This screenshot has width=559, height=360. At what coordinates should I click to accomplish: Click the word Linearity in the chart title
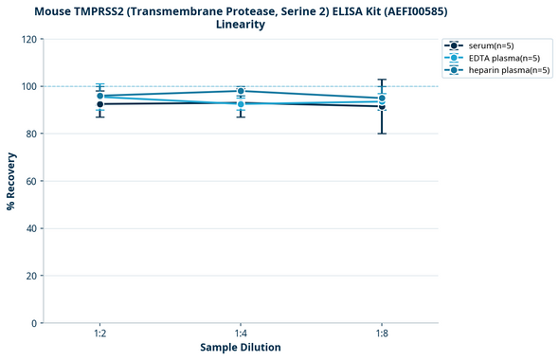coord(241,25)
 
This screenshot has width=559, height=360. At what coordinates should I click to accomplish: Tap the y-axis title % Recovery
coord(11,181)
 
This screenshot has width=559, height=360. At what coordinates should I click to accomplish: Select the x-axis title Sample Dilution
coord(241,348)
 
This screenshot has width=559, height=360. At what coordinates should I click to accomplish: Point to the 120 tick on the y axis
coord(28,39)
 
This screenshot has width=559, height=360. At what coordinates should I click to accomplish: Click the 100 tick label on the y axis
coord(28,86)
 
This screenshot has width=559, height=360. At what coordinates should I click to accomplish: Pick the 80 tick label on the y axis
coord(30,134)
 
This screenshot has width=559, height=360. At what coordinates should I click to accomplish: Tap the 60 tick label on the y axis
coord(30,181)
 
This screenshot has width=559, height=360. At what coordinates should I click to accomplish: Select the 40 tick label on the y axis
coord(30,228)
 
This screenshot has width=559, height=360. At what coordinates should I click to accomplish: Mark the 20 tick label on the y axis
coord(30,276)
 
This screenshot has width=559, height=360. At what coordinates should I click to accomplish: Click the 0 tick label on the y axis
coord(33,323)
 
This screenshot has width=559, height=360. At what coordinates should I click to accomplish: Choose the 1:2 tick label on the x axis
coord(99,333)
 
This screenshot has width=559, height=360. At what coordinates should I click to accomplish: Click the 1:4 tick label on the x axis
coord(241,333)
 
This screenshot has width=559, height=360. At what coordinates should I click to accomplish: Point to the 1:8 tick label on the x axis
coord(382,333)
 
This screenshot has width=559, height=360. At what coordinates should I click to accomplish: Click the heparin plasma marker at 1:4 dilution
coord(241,91)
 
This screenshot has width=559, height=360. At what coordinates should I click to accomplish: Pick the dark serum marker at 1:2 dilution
coord(99,104)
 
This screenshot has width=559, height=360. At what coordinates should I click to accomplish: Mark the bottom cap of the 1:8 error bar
coord(382,134)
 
